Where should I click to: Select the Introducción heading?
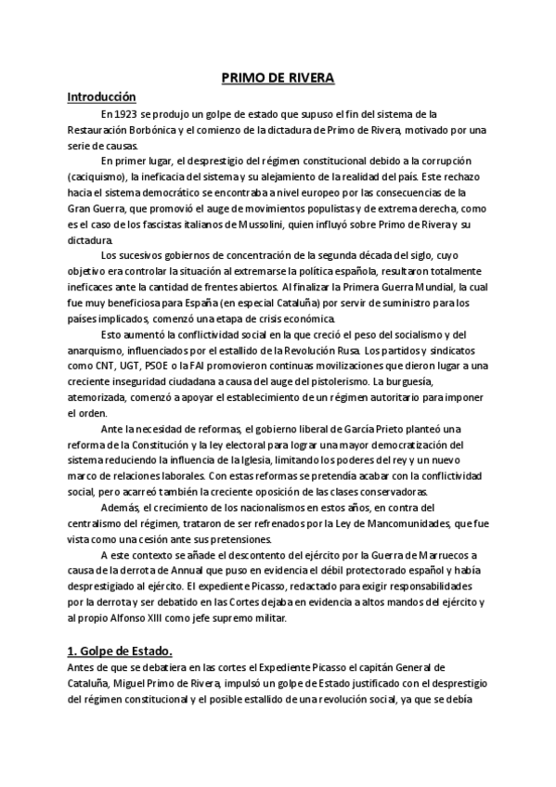(x=102, y=97)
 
